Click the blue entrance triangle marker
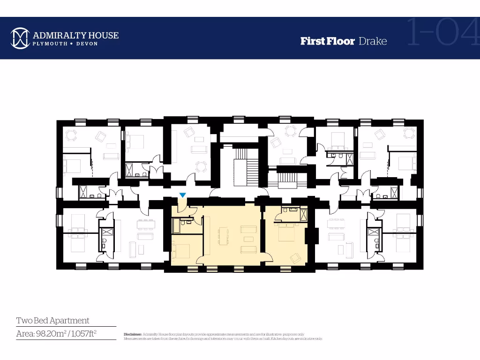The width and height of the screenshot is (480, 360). click(183, 195)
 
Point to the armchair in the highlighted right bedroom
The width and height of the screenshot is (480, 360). click(296, 257)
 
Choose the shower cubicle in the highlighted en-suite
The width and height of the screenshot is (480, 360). click(303, 215)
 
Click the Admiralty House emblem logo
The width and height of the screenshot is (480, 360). click(20, 38)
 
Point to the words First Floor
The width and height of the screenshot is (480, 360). click(327, 41)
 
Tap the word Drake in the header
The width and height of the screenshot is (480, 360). click(373, 41)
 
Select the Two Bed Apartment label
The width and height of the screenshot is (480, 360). click(52, 321)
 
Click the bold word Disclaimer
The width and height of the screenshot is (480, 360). click(133, 334)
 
